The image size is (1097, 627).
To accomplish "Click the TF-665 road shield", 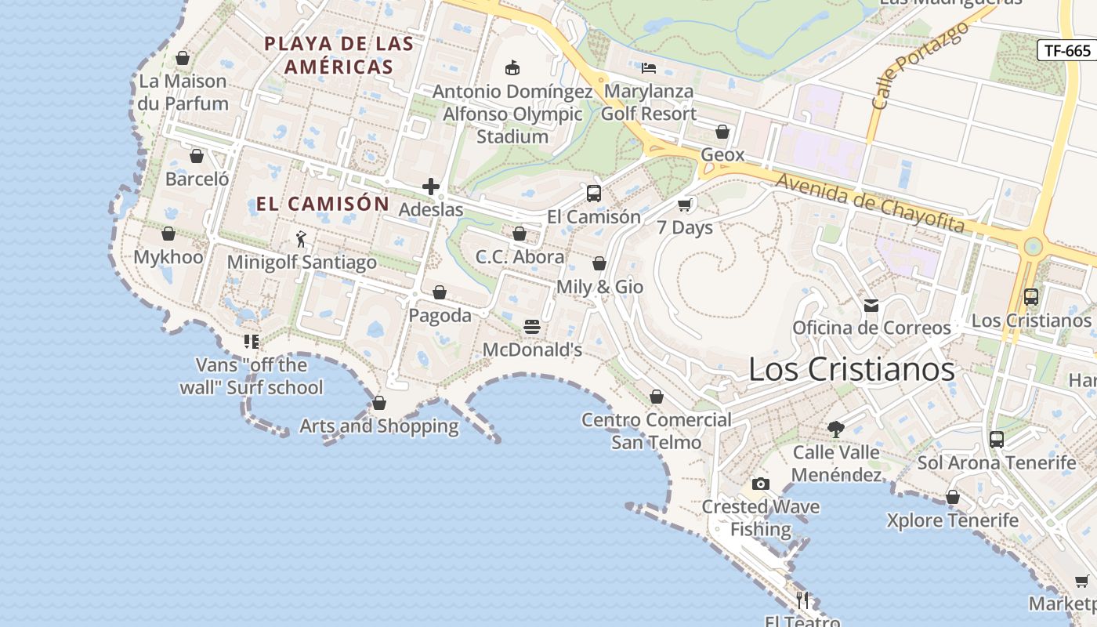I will point(1067,51).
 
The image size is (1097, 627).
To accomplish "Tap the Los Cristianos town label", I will point(852,369).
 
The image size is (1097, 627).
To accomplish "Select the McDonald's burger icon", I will point(532,326).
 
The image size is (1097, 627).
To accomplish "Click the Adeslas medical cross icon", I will point(431,187).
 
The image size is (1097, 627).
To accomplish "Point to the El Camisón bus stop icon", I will point(594,193).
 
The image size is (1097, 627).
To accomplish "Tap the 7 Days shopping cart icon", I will point(685,205).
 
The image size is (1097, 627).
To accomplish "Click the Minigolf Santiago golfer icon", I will point(302,238).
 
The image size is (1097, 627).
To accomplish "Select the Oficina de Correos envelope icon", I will point(871,305).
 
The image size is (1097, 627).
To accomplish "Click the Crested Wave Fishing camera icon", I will point(760,484).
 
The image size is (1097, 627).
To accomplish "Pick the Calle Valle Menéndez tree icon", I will point(836,429).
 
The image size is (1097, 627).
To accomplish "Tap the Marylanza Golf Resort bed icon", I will point(649,67).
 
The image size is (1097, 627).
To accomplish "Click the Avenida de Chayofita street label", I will point(870,202).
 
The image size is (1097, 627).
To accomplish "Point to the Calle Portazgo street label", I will point(919,66).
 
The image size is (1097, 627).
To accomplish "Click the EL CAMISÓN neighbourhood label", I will point(323,204).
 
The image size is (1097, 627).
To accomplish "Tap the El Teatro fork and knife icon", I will point(802,600).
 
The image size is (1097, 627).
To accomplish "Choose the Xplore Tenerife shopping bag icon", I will point(953,497).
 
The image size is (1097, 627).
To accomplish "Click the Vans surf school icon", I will point(252,342).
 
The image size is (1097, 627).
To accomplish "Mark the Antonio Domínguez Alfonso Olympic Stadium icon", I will point(512,68).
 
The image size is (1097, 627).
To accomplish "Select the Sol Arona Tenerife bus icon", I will point(997,439).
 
